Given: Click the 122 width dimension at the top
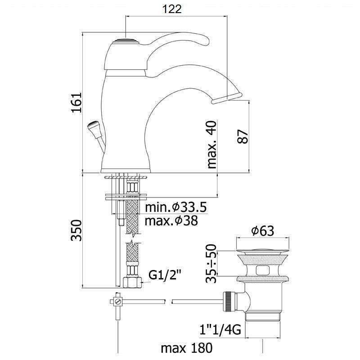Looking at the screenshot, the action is (x=172, y=9).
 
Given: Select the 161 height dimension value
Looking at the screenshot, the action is (x=76, y=103).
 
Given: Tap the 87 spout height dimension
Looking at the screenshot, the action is (x=243, y=137).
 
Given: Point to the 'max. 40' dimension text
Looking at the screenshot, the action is (x=211, y=145).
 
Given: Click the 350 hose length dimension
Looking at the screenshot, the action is (x=76, y=230).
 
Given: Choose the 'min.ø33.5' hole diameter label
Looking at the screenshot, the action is (x=176, y=207).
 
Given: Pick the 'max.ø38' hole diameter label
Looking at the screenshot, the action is (x=171, y=220).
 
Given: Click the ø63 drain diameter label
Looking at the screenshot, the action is (x=263, y=230).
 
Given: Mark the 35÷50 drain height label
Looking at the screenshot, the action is (x=211, y=263).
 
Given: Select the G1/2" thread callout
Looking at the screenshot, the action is (x=165, y=275).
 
